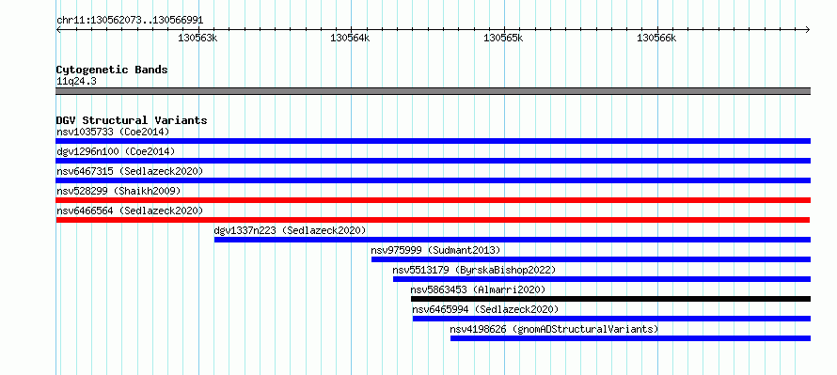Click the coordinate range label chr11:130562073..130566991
pos(130,21)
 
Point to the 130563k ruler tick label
pos(197,38)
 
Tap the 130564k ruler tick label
pos(350,38)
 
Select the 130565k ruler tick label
pos(503,38)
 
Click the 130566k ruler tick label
pos(656,38)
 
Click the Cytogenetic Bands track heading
pos(112,70)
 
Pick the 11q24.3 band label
pos(76,82)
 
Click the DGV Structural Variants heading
pos(132,120)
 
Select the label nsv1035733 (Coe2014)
pos(113,132)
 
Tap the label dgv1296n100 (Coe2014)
pos(116,151)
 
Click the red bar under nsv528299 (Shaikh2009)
pos(433,200)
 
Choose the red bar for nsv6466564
pos(433,220)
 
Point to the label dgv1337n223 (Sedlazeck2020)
pos(290,230)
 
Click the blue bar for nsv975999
pos(591,259)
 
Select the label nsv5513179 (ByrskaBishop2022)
pos(474,270)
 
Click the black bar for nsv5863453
pos(610,299)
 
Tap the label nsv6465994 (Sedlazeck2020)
pos(485,309)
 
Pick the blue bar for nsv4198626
pos(630,338)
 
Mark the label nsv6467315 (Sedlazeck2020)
pos(130,171)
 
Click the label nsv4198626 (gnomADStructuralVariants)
pos(554,329)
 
